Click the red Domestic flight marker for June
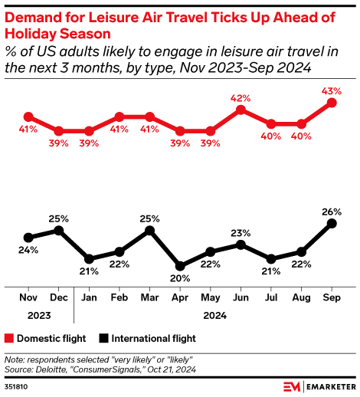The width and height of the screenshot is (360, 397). pyautogui.click(x=241, y=110)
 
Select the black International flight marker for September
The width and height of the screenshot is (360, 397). pyautogui.click(x=332, y=223)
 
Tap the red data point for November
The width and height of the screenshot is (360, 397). pyautogui.click(x=28, y=116)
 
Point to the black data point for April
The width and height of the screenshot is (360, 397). pyautogui.click(x=180, y=264)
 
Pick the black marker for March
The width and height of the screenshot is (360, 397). pyautogui.click(x=149, y=230)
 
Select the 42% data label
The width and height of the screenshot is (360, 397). pyautogui.click(x=241, y=97)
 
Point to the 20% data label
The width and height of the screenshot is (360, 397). pyautogui.click(x=180, y=278)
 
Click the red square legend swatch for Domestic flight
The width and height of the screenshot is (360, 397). pyautogui.click(x=9, y=338)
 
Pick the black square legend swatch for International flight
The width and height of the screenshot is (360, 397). pyautogui.click(x=104, y=338)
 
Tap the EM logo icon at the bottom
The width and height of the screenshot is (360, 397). pyautogui.click(x=290, y=386)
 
